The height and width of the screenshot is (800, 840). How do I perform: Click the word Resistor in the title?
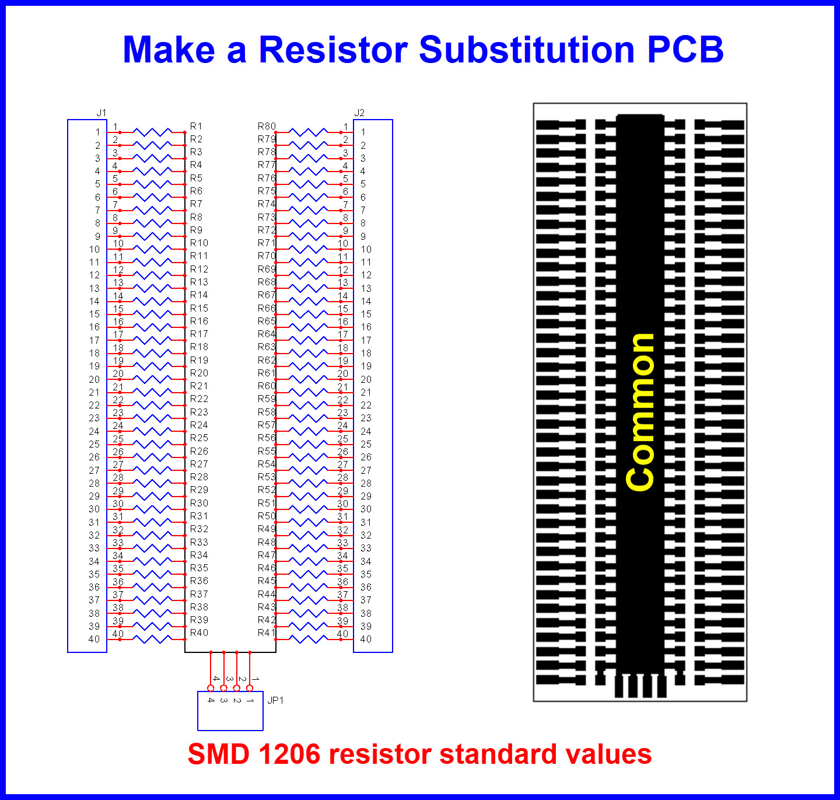pyautogui.click(x=333, y=50)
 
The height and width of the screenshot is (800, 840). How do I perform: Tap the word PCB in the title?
pyautogui.click(x=685, y=50)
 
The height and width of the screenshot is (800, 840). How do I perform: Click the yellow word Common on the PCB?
pyautogui.click(x=639, y=412)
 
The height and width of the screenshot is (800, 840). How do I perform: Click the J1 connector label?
pyautogui.click(x=101, y=113)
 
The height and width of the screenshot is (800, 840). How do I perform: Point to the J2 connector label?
pyautogui.click(x=359, y=113)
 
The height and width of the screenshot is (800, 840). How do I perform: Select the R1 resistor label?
pyautogui.click(x=196, y=126)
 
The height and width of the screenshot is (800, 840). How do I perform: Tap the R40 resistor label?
pyautogui.click(x=199, y=633)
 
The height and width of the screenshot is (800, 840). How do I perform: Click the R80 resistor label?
pyautogui.click(x=267, y=126)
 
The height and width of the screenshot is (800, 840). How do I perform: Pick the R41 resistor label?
pyautogui.click(x=266, y=633)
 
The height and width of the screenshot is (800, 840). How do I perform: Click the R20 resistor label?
pyautogui.click(x=199, y=373)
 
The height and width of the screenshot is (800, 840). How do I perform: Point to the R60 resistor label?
pyautogui.click(x=267, y=386)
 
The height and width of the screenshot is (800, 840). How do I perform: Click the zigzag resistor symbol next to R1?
pyautogui.click(x=152, y=132)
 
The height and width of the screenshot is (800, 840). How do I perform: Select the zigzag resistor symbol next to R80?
pyautogui.click(x=309, y=132)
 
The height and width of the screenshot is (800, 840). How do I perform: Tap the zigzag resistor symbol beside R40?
pyautogui.click(x=152, y=639)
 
